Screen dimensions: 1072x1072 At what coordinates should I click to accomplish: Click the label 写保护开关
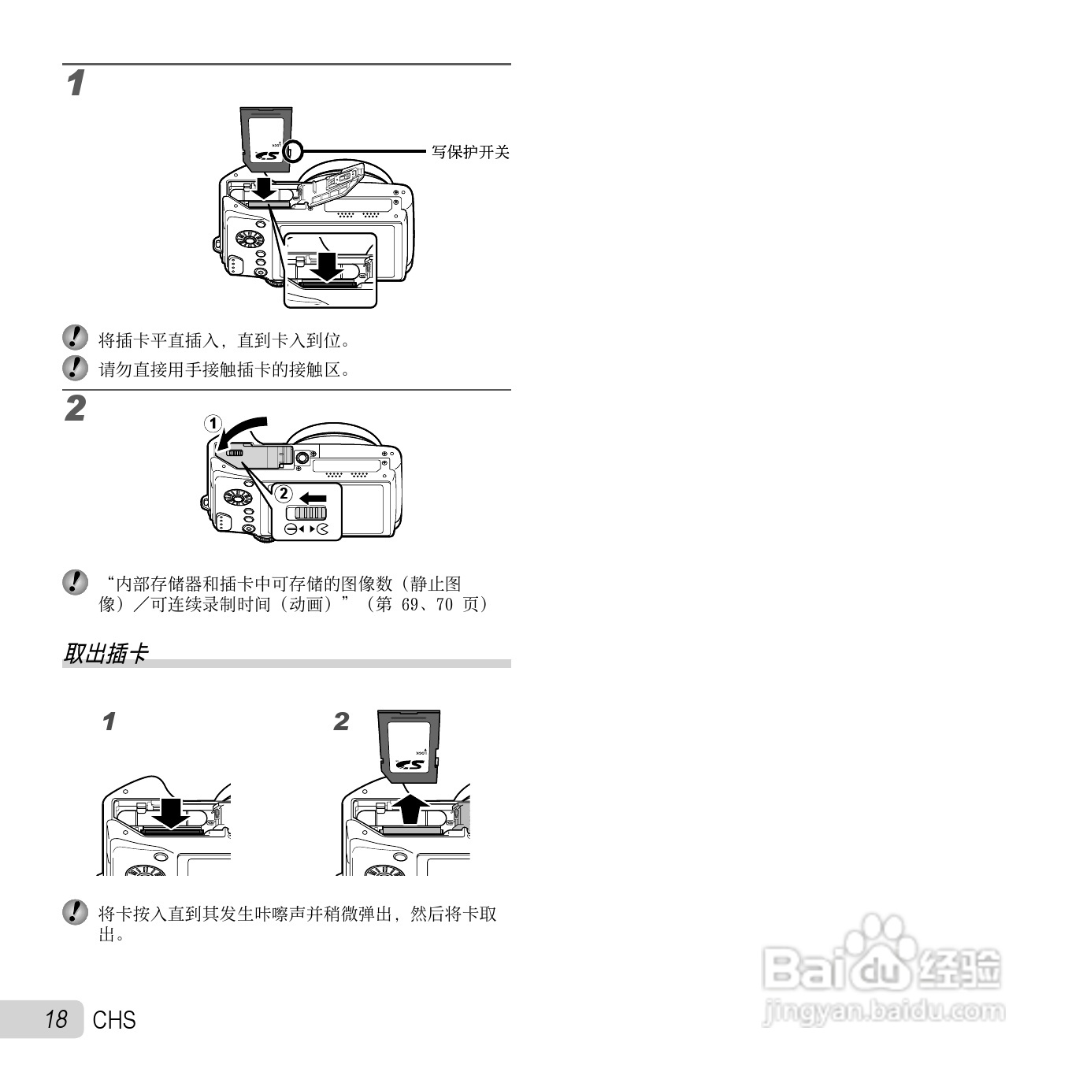[x=470, y=152]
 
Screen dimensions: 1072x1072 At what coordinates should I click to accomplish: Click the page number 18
[x=56, y=1019]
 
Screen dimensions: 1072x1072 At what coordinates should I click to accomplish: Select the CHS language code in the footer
[x=114, y=1020]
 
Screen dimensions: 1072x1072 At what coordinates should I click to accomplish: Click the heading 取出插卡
[x=106, y=653]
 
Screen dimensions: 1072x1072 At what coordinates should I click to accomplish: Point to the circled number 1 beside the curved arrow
[x=213, y=423]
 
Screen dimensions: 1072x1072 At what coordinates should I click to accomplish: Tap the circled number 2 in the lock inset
[x=283, y=494]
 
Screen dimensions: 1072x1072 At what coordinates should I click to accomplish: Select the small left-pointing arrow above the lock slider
[x=313, y=498]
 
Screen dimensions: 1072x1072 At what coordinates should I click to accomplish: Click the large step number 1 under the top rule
[x=76, y=83]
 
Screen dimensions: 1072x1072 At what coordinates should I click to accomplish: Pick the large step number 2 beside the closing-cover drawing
[x=75, y=409]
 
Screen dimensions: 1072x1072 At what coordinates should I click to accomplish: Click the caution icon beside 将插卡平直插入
[x=75, y=339]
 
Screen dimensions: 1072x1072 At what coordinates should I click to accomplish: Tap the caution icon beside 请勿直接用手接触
[x=75, y=368]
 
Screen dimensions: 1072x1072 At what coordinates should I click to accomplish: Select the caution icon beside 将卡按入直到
[x=75, y=913]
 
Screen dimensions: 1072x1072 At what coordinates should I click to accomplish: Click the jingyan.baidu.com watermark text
[x=884, y=1010]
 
